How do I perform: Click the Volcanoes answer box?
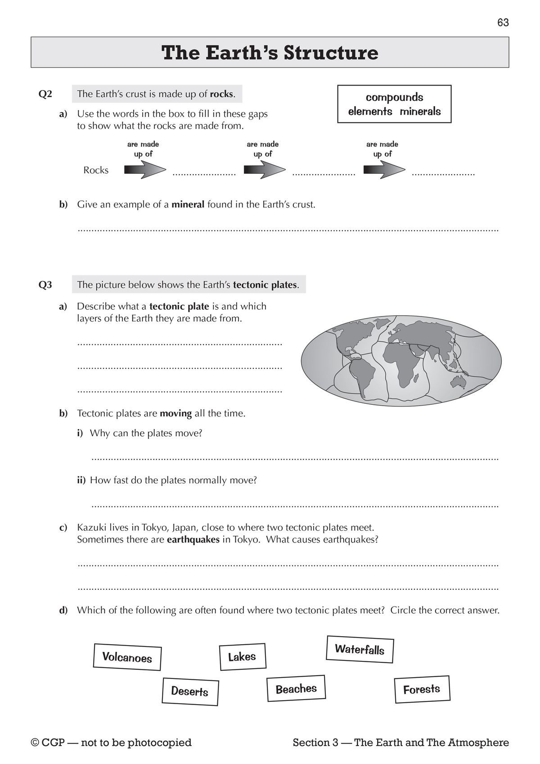(127, 657)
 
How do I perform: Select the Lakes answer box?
(242, 657)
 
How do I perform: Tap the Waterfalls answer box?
(360, 649)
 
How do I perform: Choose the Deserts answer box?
(190, 691)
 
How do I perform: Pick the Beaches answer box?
(296, 689)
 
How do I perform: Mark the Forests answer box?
(422, 689)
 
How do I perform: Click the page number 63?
(503, 23)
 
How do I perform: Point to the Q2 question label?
(45, 94)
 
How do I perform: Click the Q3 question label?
(45, 285)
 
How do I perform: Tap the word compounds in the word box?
(394, 97)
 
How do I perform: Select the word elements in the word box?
(370, 112)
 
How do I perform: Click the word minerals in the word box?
(420, 112)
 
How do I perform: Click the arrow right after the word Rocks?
(145, 170)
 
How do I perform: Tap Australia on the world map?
(459, 382)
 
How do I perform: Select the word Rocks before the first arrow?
(96, 170)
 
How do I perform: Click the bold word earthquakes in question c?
(193, 539)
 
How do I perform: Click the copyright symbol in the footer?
(35, 743)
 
